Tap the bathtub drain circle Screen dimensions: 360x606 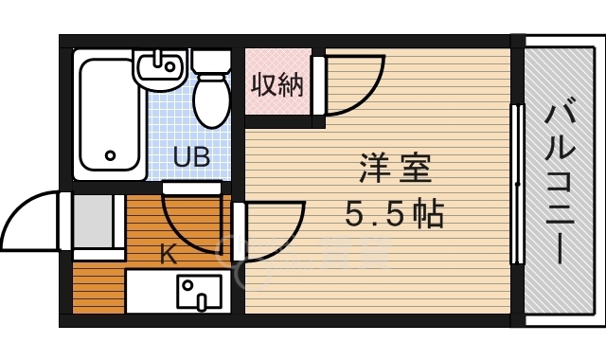pos(110,155)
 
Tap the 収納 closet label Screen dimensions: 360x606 pos(276,85)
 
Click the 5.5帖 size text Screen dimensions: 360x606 pos(394,215)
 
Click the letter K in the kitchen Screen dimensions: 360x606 pos(167,254)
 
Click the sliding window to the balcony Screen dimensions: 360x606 pos(516,184)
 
